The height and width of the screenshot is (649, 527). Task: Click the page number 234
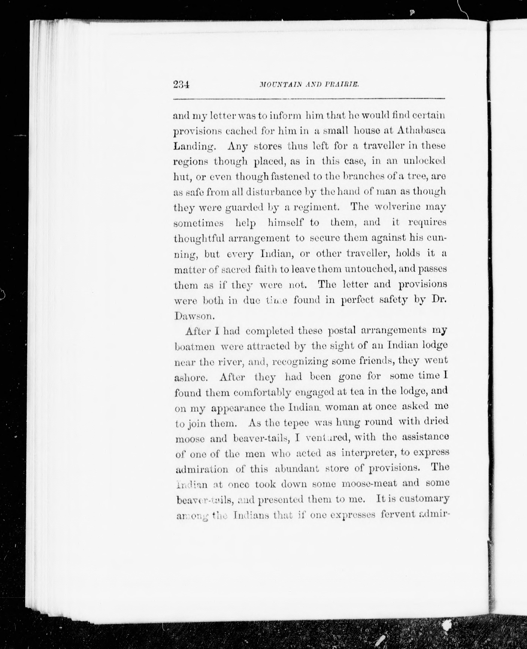tap(181, 84)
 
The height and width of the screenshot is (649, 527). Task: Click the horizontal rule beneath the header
tap(309, 99)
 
